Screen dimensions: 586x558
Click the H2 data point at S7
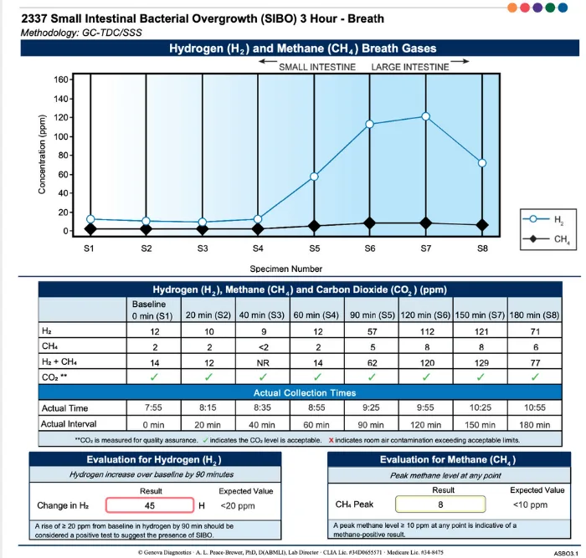425,116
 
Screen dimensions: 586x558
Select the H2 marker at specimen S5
314,177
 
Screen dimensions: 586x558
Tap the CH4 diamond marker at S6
370,223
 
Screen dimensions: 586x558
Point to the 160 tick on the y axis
61,79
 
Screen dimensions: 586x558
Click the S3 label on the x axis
203,248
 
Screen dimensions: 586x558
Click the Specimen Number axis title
286,269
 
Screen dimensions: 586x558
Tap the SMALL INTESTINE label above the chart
317,67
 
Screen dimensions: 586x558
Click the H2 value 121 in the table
481,331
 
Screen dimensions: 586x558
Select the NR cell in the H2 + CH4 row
263,363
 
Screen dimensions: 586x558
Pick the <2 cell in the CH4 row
264,347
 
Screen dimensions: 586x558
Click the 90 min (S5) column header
373,315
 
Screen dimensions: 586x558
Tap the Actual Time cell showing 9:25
371,407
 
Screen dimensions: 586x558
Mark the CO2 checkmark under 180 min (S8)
535,376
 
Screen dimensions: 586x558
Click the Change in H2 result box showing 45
150,505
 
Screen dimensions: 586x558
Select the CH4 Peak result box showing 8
440,504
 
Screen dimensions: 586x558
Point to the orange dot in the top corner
512,8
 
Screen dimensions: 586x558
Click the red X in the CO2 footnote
331,440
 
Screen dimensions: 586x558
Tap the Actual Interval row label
69,424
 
